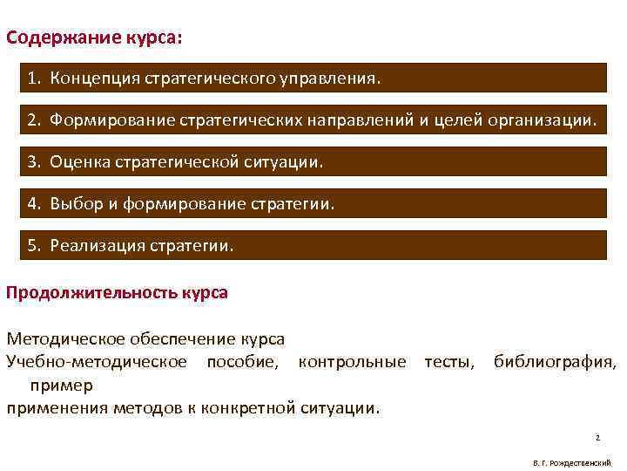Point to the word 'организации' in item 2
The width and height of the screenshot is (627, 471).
(545, 119)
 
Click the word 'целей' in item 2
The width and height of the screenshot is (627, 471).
(454, 119)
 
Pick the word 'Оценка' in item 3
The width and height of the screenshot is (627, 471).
(77, 160)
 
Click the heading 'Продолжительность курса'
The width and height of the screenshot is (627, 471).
(117, 292)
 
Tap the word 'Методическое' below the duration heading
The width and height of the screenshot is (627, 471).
(66, 338)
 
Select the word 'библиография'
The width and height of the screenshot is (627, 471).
(554, 361)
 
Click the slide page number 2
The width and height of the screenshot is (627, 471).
(598, 436)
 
